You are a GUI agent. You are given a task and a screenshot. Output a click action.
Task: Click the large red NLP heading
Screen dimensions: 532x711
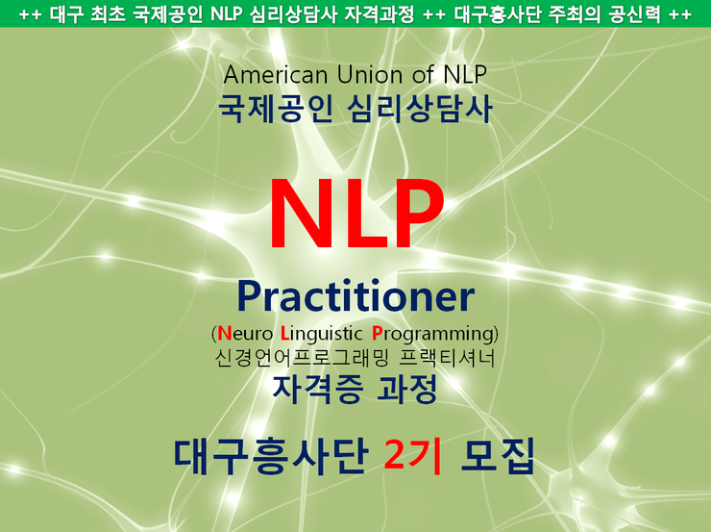[x=355, y=215]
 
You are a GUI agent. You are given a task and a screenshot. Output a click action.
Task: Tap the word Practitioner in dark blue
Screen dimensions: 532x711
[x=355, y=298]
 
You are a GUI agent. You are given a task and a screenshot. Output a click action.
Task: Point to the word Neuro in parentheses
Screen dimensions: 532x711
[x=246, y=335]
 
